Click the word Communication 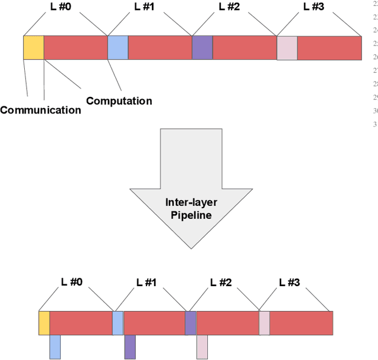[40, 110]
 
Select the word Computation [119, 100]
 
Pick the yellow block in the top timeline [34, 48]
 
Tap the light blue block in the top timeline [118, 48]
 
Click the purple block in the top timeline [202, 48]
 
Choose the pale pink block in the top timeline [286, 48]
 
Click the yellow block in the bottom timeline [44, 323]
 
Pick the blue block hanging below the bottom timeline [55, 346]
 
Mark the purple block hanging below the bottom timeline [130, 346]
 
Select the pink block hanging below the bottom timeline [202, 346]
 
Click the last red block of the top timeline [328, 48]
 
